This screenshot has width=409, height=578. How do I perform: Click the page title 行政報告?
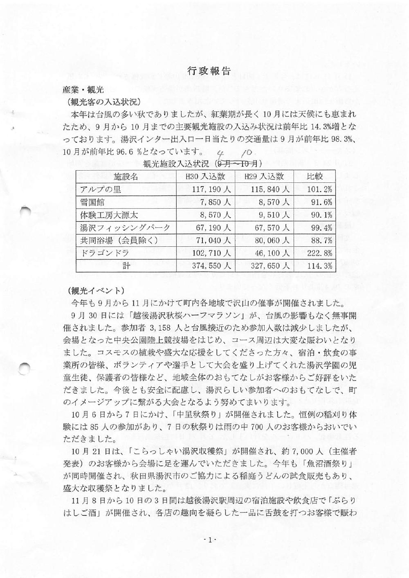point(209,71)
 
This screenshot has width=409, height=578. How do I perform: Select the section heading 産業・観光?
point(83,89)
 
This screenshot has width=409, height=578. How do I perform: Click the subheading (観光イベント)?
point(97,290)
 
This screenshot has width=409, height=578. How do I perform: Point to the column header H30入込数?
point(205,177)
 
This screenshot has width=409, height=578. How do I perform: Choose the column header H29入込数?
point(264,177)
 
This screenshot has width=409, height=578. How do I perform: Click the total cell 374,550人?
point(212,265)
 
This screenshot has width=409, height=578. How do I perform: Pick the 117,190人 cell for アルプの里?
point(212,189)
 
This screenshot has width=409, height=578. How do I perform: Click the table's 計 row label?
point(126,265)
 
